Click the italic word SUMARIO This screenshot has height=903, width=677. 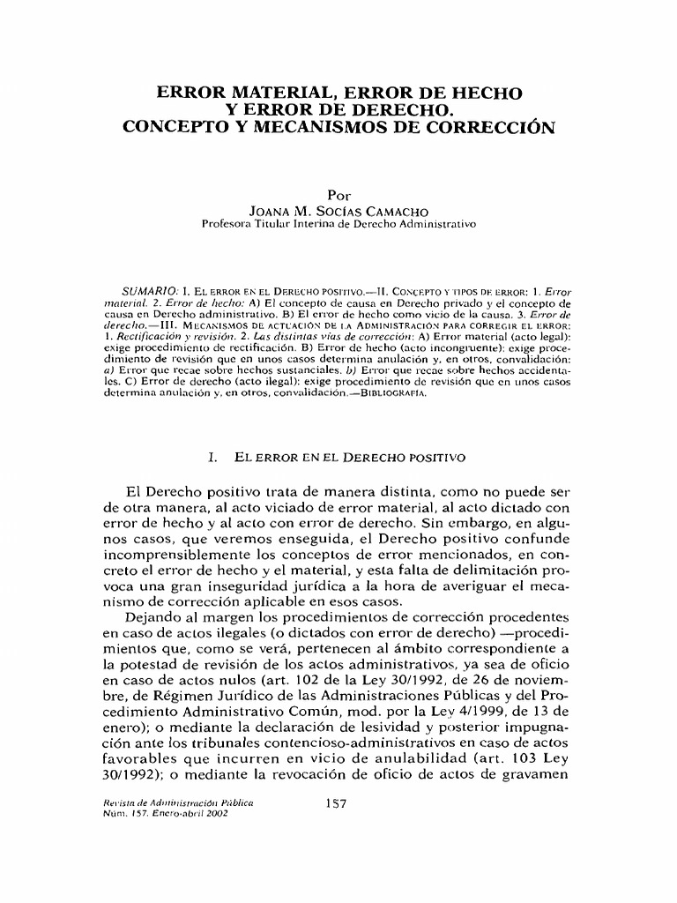pyautogui.click(x=152, y=291)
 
